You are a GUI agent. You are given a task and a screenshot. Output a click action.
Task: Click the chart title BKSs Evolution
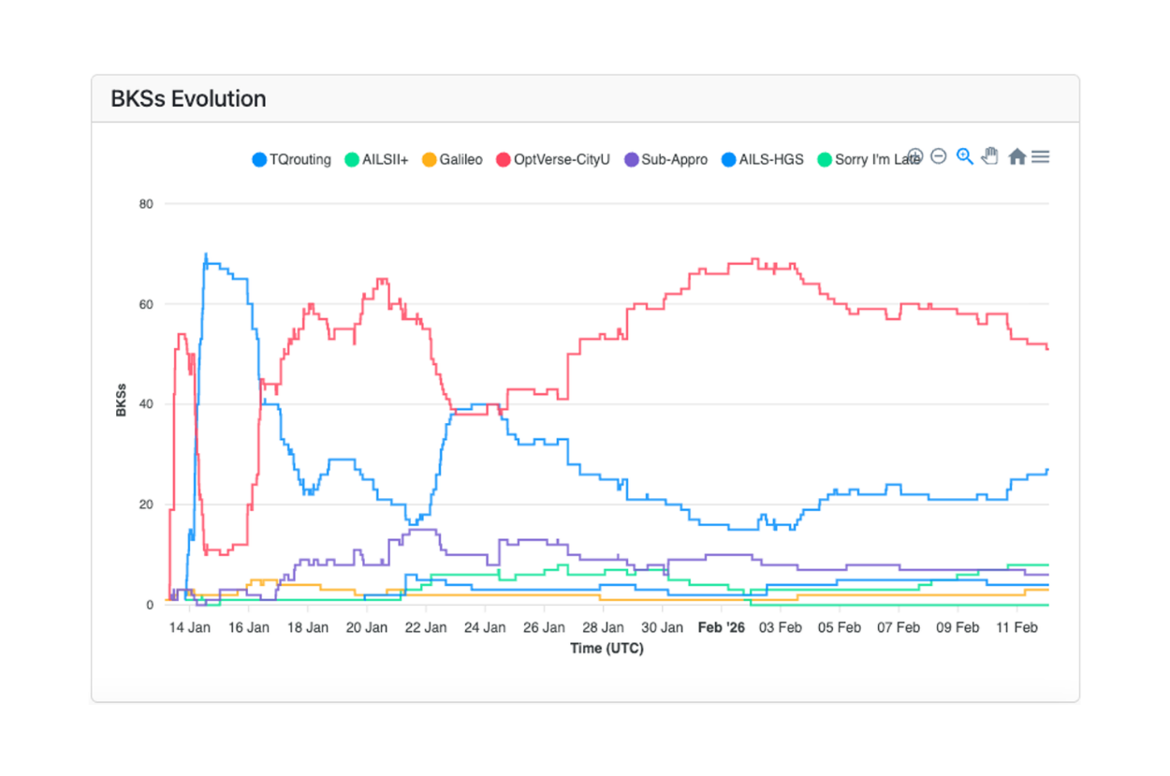click(188, 98)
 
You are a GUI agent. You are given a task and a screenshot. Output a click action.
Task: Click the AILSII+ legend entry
click(376, 159)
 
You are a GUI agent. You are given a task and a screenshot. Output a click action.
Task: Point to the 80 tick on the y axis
click(146, 203)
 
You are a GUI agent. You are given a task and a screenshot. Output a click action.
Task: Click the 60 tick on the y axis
click(146, 304)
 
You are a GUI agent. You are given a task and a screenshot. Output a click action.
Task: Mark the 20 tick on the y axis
click(146, 505)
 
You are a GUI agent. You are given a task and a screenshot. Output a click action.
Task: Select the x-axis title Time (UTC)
click(607, 648)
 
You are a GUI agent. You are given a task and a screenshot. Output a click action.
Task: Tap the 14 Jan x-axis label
click(189, 627)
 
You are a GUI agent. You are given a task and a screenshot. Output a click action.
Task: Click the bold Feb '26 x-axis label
click(722, 627)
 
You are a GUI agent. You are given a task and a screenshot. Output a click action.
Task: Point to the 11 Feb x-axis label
click(1016, 627)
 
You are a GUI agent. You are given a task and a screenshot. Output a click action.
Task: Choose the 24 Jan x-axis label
click(485, 627)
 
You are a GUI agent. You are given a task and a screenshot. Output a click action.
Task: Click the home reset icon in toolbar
click(1016, 156)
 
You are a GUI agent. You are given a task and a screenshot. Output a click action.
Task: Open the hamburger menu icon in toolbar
click(1040, 156)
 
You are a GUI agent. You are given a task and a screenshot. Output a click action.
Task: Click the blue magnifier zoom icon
click(964, 156)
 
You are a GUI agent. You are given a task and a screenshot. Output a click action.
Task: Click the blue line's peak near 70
click(206, 255)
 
